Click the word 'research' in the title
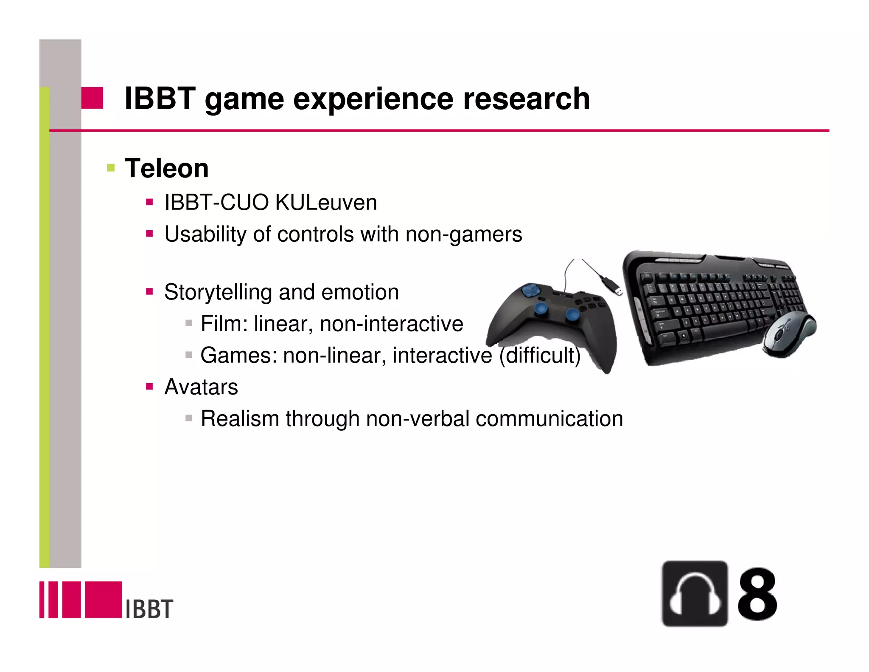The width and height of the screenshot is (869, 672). tap(526, 99)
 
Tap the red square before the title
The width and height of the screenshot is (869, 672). tap(92, 98)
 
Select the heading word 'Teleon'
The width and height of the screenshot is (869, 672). tap(166, 168)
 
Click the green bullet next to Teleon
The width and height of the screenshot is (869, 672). tap(111, 168)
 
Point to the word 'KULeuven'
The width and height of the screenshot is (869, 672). tap(326, 202)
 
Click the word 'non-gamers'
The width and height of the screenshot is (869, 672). tap(464, 234)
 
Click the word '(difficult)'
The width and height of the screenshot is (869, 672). tap(539, 355)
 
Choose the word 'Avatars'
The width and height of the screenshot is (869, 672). tap(201, 387)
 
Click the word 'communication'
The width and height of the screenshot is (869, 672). tap(549, 418)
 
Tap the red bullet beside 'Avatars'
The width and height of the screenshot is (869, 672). tap(149, 387)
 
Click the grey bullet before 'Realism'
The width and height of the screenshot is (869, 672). tap(189, 418)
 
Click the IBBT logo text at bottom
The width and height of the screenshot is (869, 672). tap(149, 609)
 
